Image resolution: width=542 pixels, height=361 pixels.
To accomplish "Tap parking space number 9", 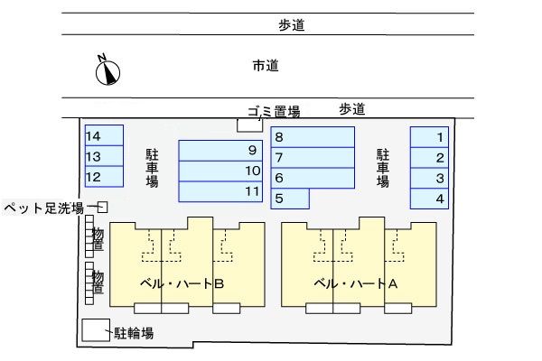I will click(221, 150).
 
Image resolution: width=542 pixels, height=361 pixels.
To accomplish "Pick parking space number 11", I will click(221, 191).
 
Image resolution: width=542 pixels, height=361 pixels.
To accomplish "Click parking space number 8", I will click(313, 136).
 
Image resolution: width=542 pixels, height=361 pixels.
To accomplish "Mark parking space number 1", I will click(430, 136).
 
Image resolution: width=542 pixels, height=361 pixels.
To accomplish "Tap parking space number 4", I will click(430, 199).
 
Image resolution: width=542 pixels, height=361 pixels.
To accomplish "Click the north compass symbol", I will click(107, 69).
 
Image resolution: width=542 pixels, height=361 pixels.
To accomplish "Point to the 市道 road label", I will click(265, 65).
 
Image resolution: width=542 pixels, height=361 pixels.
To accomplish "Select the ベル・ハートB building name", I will click(182, 282).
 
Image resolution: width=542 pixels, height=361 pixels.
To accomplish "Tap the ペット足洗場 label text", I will click(43, 208).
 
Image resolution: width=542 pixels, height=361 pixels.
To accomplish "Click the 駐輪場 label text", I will click(134, 333).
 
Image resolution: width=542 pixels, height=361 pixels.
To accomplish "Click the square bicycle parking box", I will click(94, 331).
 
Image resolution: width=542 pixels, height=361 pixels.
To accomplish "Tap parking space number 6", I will click(313, 178).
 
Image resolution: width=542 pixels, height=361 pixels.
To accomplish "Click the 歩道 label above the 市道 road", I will click(292, 25).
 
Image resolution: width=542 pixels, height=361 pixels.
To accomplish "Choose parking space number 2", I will click(430, 157).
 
